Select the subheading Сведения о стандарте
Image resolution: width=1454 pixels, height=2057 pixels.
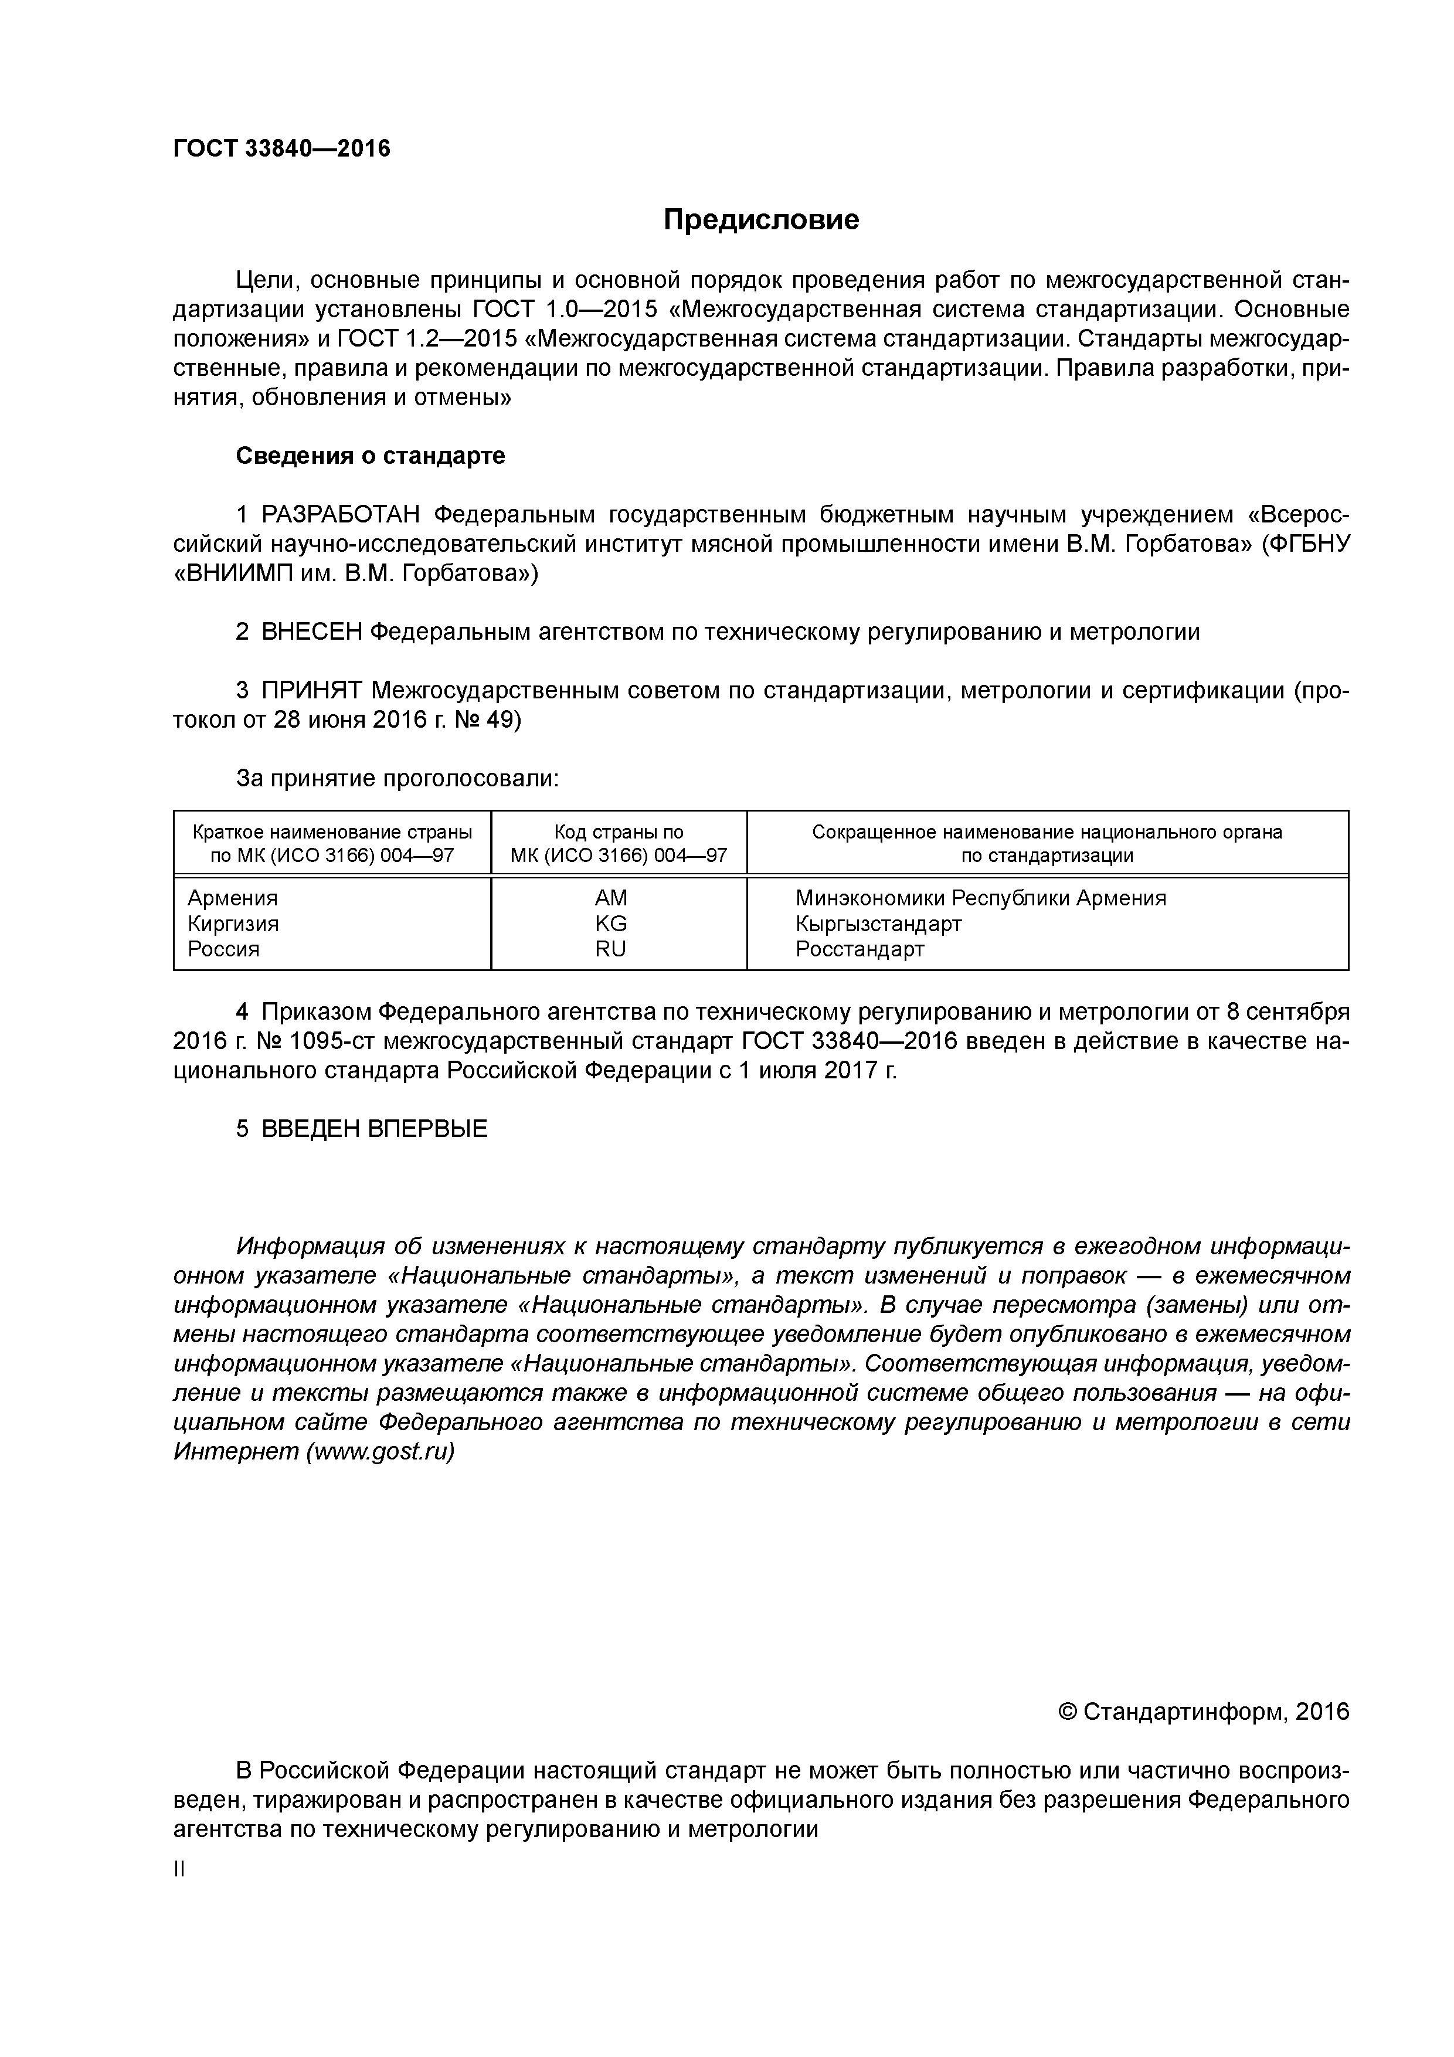pyautogui.click(x=370, y=456)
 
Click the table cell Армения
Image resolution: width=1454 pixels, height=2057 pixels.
pyautogui.click(x=233, y=898)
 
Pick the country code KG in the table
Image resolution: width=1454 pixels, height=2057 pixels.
pyautogui.click(x=611, y=924)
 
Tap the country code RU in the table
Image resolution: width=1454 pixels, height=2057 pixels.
pyautogui.click(x=611, y=949)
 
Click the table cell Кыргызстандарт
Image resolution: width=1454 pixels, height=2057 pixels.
pyautogui.click(x=878, y=924)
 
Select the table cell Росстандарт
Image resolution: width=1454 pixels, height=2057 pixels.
pyautogui.click(x=859, y=949)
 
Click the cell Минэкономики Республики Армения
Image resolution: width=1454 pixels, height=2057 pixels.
pyautogui.click(x=980, y=898)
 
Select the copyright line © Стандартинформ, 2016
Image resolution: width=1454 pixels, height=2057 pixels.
pyautogui.click(x=1203, y=1712)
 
